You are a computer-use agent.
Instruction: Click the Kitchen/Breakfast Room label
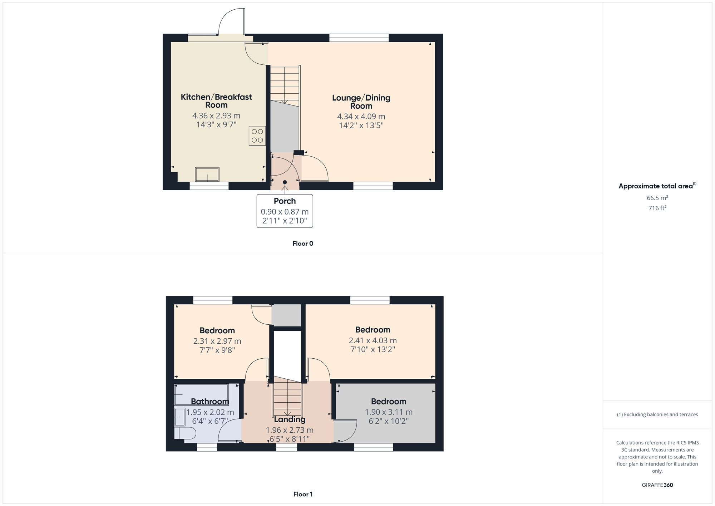[216, 101]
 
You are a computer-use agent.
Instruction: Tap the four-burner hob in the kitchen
[257, 136]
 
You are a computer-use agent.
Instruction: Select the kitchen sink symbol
[207, 175]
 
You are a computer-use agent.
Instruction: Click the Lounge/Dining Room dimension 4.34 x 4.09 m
[361, 117]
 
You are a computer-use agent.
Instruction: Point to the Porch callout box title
[285, 201]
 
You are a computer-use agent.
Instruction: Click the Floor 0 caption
[303, 244]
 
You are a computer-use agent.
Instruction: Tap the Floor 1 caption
[303, 494]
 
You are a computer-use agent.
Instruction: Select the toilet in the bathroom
[186, 434]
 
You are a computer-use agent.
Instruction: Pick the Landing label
[290, 419]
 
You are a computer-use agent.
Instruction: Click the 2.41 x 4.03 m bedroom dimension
[373, 340]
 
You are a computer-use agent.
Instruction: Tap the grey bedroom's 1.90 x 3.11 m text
[389, 412]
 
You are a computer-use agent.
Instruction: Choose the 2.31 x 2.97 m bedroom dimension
[217, 341]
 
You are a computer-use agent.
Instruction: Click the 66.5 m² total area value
[657, 198]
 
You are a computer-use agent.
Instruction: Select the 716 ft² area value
[657, 208]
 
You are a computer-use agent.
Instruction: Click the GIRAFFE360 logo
[657, 485]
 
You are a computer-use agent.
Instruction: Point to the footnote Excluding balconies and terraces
[657, 415]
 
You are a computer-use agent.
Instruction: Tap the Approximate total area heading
[657, 186]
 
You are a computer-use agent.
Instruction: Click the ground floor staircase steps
[284, 84]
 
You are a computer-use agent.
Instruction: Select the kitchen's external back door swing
[232, 21]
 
